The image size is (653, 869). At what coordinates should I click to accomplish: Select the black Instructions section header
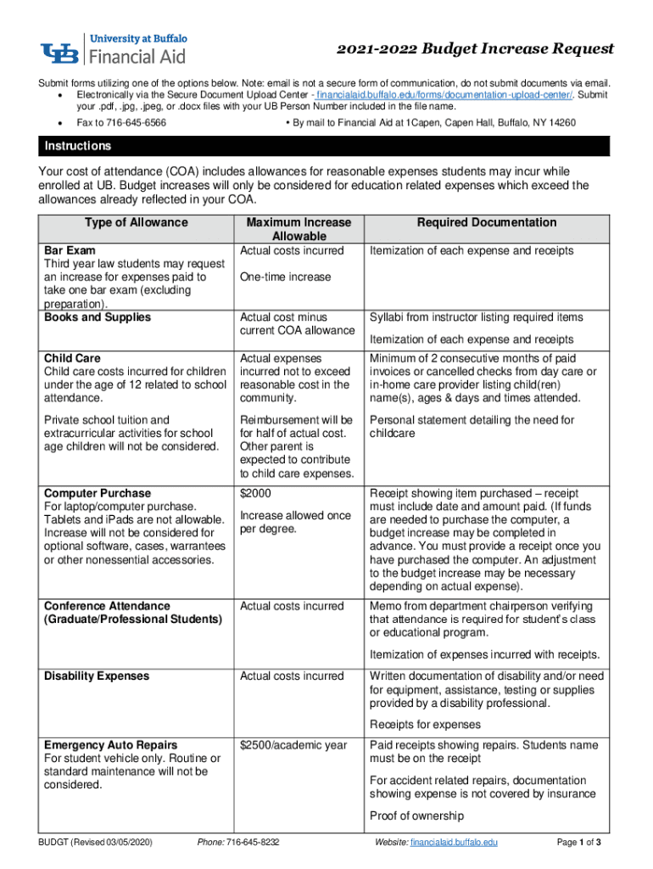coord(326,147)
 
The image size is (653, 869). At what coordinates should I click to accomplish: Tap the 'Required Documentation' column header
coord(487,223)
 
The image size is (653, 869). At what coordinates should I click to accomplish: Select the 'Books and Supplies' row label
coord(98,317)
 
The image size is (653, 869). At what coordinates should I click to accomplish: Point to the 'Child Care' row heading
coord(73,358)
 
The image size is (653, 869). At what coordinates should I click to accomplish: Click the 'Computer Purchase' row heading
coord(98,493)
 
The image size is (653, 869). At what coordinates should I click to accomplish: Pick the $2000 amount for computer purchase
coord(255,493)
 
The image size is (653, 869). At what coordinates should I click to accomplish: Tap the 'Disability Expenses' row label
coord(97,676)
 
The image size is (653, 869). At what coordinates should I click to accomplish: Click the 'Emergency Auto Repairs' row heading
coord(111,745)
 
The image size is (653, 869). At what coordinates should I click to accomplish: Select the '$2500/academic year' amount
coord(293,745)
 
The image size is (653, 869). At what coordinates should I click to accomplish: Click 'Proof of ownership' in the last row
coord(416,816)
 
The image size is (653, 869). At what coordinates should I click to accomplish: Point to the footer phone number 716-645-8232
coord(251,843)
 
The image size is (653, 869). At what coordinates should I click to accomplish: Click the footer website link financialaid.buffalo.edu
coord(453,843)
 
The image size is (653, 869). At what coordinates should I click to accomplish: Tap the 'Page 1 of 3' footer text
coord(578,843)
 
